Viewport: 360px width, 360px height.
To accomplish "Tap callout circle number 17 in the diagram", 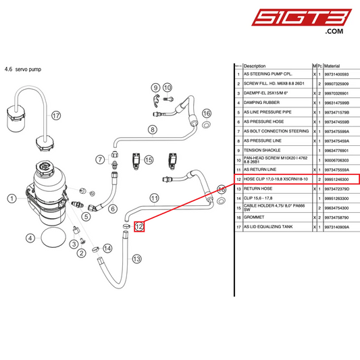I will (x=56, y=115).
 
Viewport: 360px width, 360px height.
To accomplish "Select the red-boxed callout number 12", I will (x=138, y=226).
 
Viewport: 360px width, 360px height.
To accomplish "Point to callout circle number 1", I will (x=12, y=198).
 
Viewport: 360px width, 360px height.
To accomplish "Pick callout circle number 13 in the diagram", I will (x=136, y=259).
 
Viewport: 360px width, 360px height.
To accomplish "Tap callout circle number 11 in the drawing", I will (x=154, y=198).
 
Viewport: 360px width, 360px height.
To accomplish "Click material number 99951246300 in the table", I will (x=339, y=179).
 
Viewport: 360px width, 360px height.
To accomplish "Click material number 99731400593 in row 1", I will (x=339, y=74).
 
